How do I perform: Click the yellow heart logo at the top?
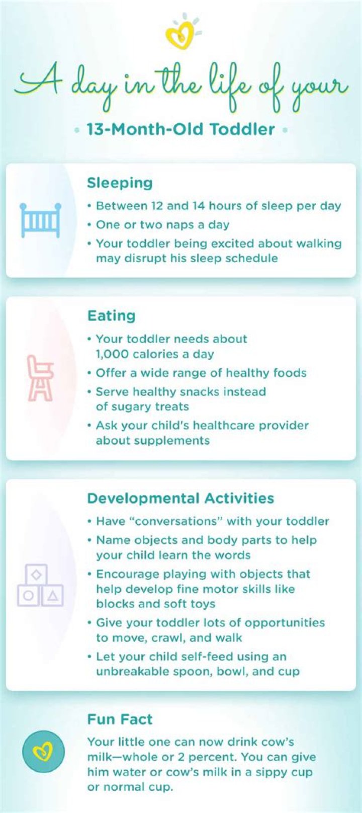[180, 35]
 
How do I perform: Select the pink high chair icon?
[40, 378]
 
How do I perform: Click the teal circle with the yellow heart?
[44, 751]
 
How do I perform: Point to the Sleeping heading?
[120, 183]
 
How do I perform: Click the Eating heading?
[111, 315]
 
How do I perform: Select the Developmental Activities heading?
[180, 498]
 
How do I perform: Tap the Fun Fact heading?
[120, 719]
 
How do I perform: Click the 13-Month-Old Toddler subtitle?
[180, 129]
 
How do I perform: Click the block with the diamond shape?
[36, 575]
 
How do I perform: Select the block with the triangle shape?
[53, 596]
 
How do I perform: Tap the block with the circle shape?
[28, 596]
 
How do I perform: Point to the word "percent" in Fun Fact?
[212, 758]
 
